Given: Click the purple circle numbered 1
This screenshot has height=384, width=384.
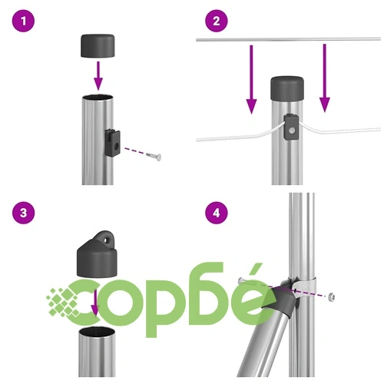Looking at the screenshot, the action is coord(23,21).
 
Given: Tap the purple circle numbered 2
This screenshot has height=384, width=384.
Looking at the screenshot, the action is coord(217,21).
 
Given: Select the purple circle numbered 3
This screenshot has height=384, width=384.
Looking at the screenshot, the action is coord(23,213).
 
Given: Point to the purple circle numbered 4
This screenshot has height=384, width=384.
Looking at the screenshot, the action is coord(217,213).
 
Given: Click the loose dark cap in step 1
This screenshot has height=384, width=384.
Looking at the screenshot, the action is coord(98,45).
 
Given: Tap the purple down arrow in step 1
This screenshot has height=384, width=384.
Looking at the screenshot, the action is coord(98,76).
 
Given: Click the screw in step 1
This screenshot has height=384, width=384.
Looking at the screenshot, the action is coord(154,156).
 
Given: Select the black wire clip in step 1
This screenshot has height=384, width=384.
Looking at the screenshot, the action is coord(113,143).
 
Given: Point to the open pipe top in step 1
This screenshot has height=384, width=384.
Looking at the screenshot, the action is coord(98,98).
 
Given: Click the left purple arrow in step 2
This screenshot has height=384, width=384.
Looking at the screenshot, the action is coord(251,79).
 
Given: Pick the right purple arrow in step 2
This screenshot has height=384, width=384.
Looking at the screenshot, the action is coord(325,78).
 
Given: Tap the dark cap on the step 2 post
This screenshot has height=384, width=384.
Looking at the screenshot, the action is coord(287,88).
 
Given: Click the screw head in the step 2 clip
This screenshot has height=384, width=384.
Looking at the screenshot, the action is coord(291,131).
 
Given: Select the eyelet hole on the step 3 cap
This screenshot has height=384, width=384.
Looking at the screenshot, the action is coord(105,240).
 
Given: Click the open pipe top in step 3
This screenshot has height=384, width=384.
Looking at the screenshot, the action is coord(97,331).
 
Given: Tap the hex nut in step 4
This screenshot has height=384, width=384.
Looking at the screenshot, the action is coord(331,296).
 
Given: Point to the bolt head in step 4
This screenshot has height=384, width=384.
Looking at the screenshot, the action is coord(240,280).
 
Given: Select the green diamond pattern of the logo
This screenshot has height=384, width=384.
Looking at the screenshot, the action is coord(63,302).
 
